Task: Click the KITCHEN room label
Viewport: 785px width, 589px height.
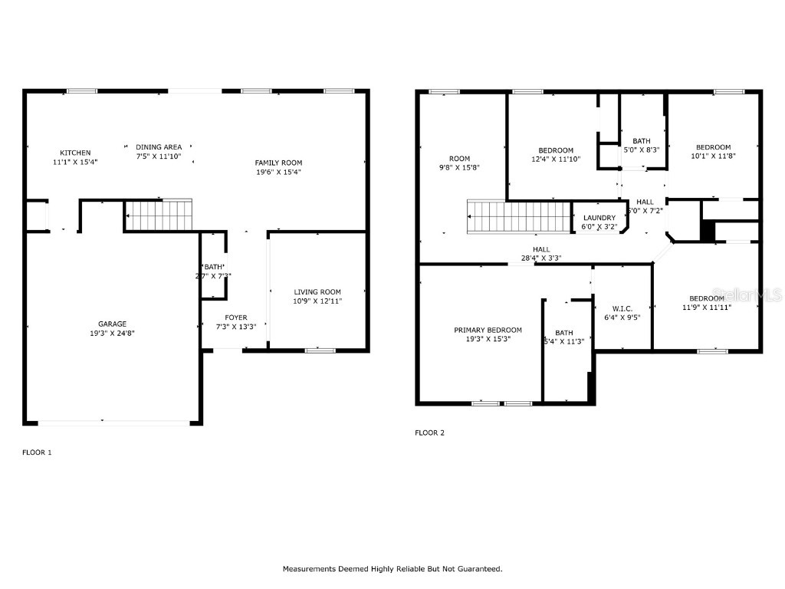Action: pyautogui.click(x=75, y=153)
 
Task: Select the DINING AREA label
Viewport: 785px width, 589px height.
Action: pyautogui.click(x=159, y=146)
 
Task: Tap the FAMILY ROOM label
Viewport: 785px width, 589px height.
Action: pyautogui.click(x=278, y=163)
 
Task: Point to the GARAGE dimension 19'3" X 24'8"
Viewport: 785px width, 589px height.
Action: pyautogui.click(x=112, y=334)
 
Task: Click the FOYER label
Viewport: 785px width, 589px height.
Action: pyautogui.click(x=235, y=318)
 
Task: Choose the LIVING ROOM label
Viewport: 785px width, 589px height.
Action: pyautogui.click(x=317, y=291)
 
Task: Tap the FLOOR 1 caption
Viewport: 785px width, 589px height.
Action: pyautogui.click(x=37, y=452)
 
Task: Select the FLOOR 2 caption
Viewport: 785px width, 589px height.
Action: pyautogui.click(x=429, y=433)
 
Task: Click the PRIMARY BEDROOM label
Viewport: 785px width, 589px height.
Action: pyautogui.click(x=488, y=330)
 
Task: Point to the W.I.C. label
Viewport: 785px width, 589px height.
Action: pyautogui.click(x=622, y=308)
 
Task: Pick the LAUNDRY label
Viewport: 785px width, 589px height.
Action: pyautogui.click(x=599, y=218)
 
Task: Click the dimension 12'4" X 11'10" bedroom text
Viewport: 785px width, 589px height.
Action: pyautogui.click(x=555, y=160)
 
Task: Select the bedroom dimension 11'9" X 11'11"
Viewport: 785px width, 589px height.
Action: pyautogui.click(x=705, y=307)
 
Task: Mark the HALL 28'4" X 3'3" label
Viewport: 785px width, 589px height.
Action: pyautogui.click(x=541, y=253)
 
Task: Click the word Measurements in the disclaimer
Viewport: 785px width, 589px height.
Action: pyautogui.click(x=310, y=569)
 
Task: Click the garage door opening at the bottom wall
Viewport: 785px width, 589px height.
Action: pyautogui.click(x=113, y=422)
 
